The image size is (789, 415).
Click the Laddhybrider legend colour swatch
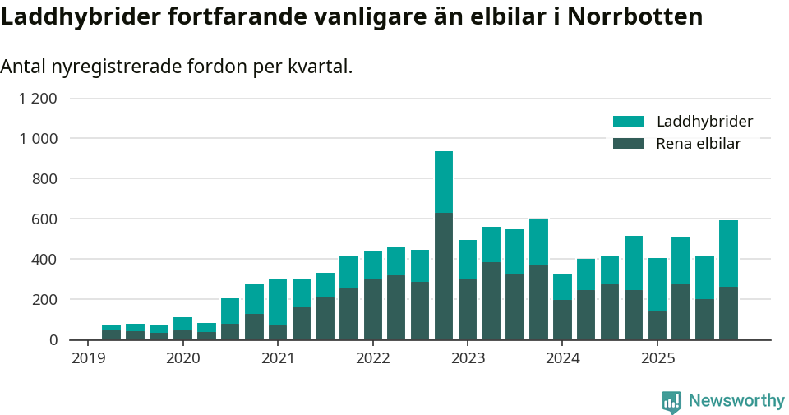[x=628, y=122]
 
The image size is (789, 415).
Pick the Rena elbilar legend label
[x=699, y=144]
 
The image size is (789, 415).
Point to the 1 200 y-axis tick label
[x=38, y=99]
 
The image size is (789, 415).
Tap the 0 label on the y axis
[x=53, y=339]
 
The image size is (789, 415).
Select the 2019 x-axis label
[x=88, y=358]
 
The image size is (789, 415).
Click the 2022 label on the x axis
[x=372, y=358]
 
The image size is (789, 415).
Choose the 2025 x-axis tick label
[x=657, y=358]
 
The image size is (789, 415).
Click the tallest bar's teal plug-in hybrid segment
[x=444, y=182]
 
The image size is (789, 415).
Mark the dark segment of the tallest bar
[x=444, y=276]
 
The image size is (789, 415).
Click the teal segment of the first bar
[x=111, y=328]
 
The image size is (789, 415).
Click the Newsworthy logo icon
[x=671, y=401]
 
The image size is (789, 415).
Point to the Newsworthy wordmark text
[x=736, y=401]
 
